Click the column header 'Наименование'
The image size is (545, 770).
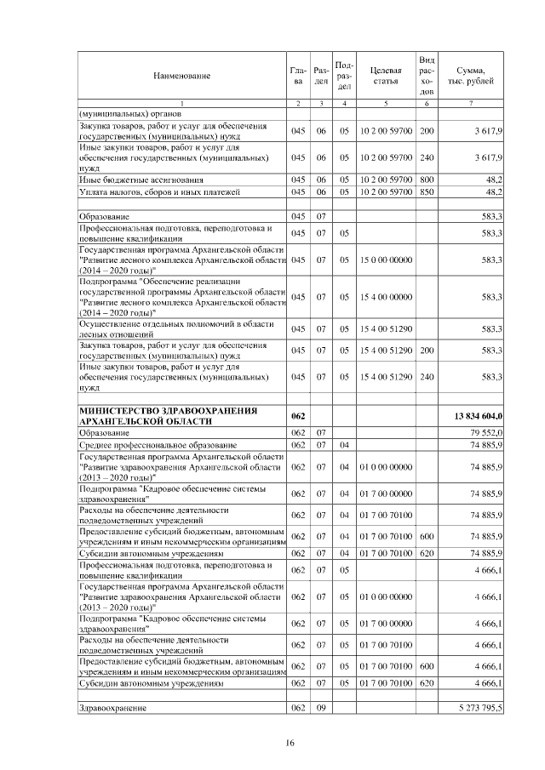(181, 76)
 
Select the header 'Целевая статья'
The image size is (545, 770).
(387, 76)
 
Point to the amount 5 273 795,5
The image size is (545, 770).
(482, 707)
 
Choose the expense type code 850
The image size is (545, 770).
(427, 192)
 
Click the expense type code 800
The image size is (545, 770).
(427, 180)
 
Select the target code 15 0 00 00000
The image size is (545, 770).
(387, 258)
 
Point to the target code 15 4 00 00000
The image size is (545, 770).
(387, 295)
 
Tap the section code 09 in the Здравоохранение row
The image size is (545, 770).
(322, 707)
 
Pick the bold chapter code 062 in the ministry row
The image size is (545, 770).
(298, 415)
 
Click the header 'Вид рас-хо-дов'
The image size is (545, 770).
(427, 76)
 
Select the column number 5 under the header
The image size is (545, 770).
(387, 105)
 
